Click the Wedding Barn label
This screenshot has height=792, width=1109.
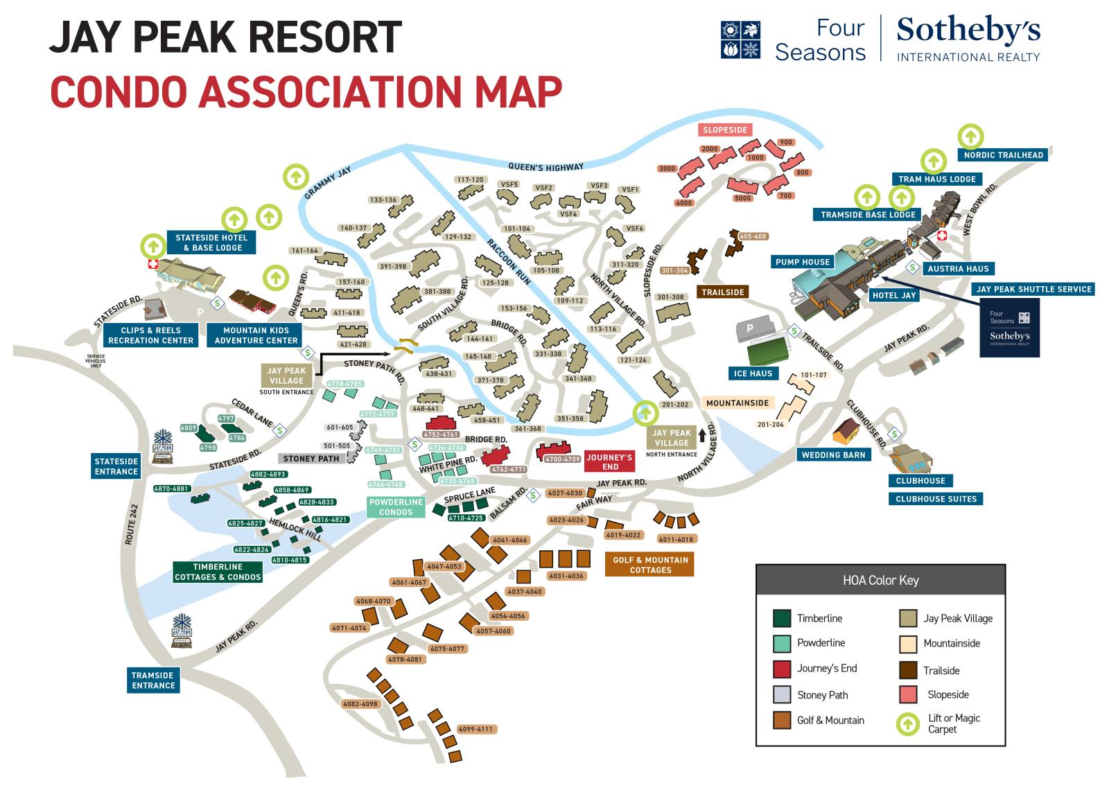[x=834, y=455]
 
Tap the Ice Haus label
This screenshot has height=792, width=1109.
[x=753, y=373]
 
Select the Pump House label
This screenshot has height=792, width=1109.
[x=803, y=262]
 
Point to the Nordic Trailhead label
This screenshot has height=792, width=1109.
[x=1003, y=155]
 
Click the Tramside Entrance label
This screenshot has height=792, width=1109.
[x=153, y=680]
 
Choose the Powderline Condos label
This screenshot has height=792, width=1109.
[x=396, y=507]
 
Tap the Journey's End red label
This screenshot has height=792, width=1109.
[x=609, y=462]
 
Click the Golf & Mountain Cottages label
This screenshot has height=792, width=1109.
[x=650, y=565]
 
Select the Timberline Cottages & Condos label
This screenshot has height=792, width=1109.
[x=218, y=572]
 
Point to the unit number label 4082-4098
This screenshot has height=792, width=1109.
[x=360, y=704]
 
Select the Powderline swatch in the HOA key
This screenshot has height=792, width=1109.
[x=782, y=643]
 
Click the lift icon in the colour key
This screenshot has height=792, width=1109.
[x=908, y=724]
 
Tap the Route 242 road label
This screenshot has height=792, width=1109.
[x=133, y=525]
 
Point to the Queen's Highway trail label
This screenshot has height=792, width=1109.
[x=545, y=167]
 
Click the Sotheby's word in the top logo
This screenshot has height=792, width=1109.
[x=968, y=31]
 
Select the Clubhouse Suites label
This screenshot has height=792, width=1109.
[x=936, y=499]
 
